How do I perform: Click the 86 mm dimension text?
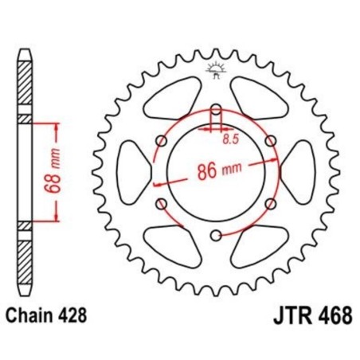point(217,170)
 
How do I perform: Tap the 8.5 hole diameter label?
point(229,139)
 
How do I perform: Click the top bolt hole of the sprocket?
point(215,109)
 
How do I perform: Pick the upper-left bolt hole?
point(162,141)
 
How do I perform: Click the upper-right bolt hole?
point(269,141)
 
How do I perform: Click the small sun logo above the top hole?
point(215,70)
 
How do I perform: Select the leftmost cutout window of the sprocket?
point(132,171)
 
